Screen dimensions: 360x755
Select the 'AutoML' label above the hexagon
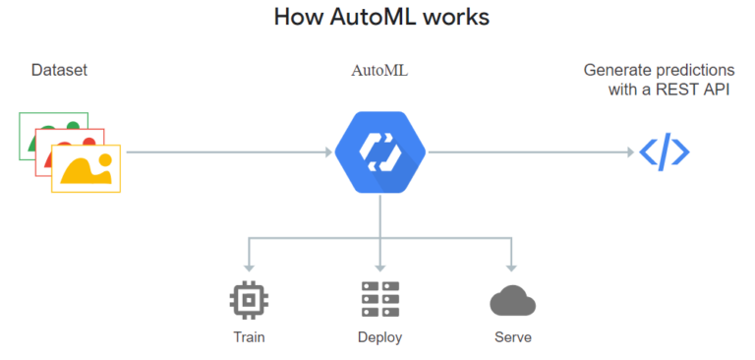378,71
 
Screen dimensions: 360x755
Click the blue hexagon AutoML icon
379,151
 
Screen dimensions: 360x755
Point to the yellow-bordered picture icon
87,169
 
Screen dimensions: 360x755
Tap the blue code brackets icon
665,152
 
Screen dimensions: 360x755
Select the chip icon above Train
249,299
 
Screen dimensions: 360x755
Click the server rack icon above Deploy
379,299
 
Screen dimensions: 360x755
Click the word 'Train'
249,337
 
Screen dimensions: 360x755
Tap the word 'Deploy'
379,337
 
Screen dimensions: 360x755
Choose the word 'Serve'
512,337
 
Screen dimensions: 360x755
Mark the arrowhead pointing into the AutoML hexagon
327,152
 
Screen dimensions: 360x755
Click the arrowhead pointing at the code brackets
628,152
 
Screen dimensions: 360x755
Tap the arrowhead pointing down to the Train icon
249,266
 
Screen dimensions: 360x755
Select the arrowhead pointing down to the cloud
511,266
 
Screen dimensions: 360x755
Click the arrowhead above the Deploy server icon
379,266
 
